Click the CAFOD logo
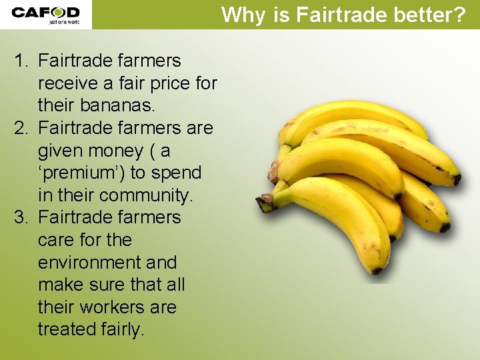45,14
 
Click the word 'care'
57,240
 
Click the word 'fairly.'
126,329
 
